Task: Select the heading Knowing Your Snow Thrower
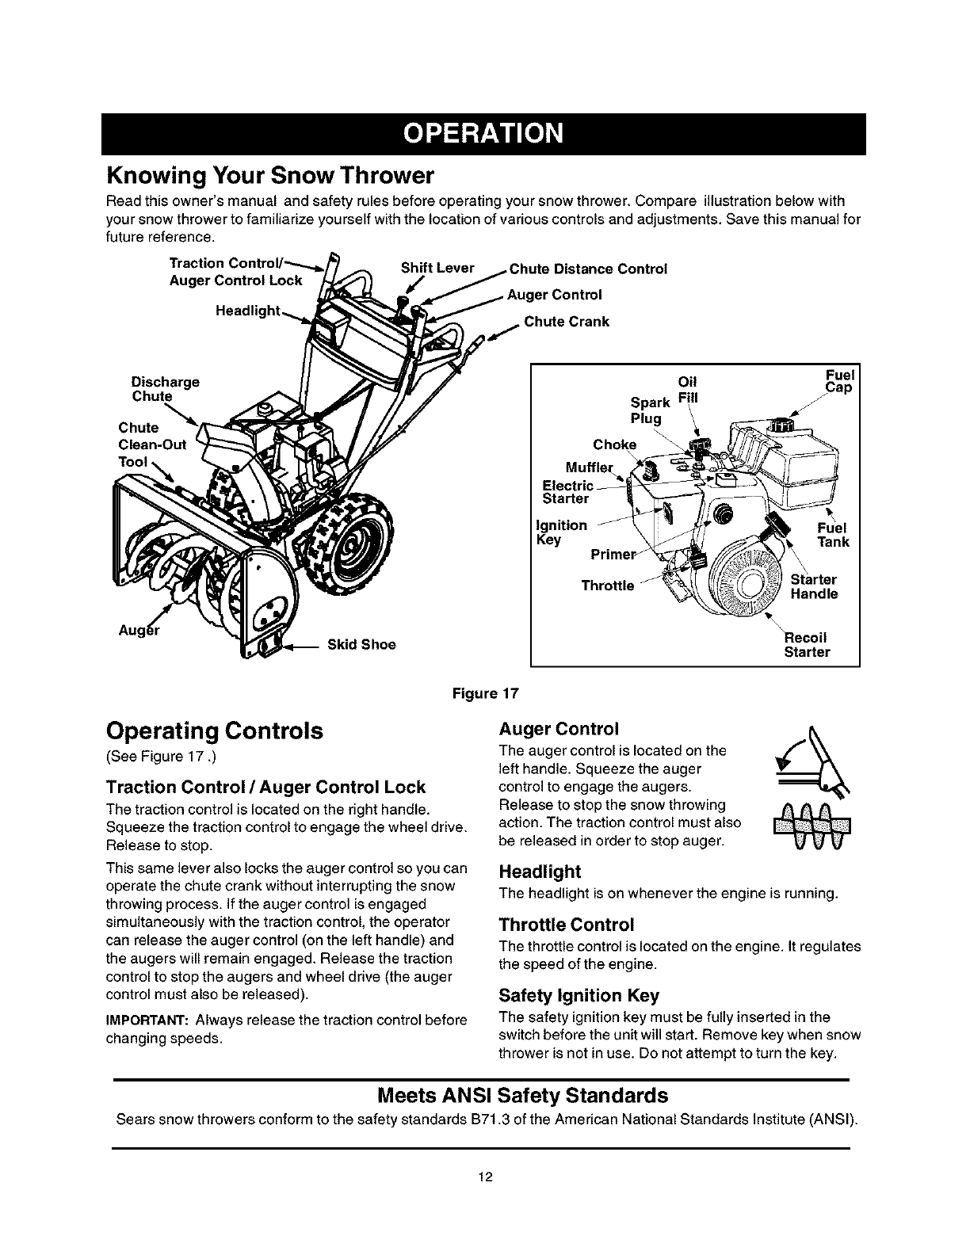(271, 174)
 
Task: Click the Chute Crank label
(567, 322)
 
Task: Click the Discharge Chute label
(166, 388)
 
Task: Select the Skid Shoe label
(361, 644)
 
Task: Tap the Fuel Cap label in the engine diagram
(837, 382)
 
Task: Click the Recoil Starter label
(807, 645)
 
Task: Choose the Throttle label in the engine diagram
(608, 586)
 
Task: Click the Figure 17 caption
(484, 695)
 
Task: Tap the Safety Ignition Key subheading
(579, 995)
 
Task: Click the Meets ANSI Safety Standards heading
(523, 1096)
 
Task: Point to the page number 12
(485, 1177)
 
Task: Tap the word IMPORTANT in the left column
(146, 1020)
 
